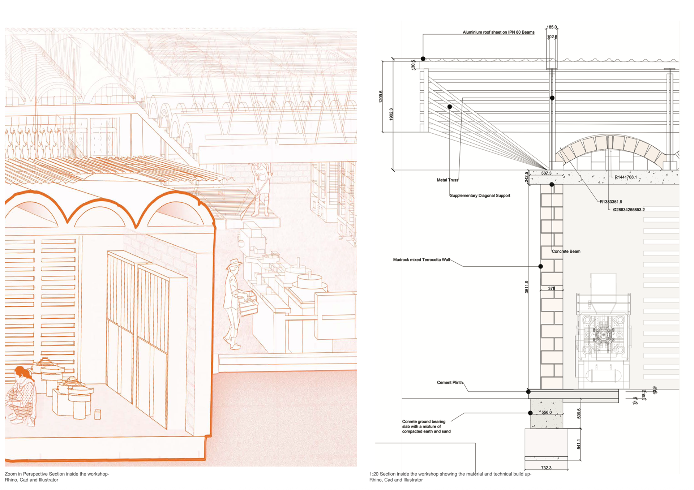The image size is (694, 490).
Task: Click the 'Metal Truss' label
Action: pyautogui.click(x=447, y=180)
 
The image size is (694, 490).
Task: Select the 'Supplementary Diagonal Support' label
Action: pyautogui.click(x=480, y=195)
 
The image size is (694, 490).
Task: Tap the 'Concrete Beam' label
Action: pyautogui.click(x=566, y=252)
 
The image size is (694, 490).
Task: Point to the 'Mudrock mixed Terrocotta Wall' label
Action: pyautogui.click(x=421, y=260)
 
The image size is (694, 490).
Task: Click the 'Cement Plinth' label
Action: pyautogui.click(x=449, y=382)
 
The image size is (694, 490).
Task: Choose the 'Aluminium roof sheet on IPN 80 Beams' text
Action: pyautogui.click(x=498, y=33)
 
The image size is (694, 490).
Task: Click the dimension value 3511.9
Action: pyautogui.click(x=527, y=287)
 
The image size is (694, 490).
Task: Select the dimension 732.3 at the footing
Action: pyautogui.click(x=546, y=468)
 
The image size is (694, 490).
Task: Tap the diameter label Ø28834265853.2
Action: pyautogui.click(x=629, y=210)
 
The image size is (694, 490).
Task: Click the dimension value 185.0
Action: pyautogui.click(x=552, y=27)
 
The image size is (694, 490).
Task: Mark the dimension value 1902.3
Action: pyautogui.click(x=391, y=114)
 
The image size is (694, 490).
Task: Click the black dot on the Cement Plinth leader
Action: pyautogui.click(x=528, y=391)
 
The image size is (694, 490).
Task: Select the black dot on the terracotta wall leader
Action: pyautogui.click(x=540, y=266)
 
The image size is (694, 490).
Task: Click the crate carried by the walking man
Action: pyautogui.click(x=248, y=304)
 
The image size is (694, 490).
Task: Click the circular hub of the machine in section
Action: pyautogui.click(x=603, y=335)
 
